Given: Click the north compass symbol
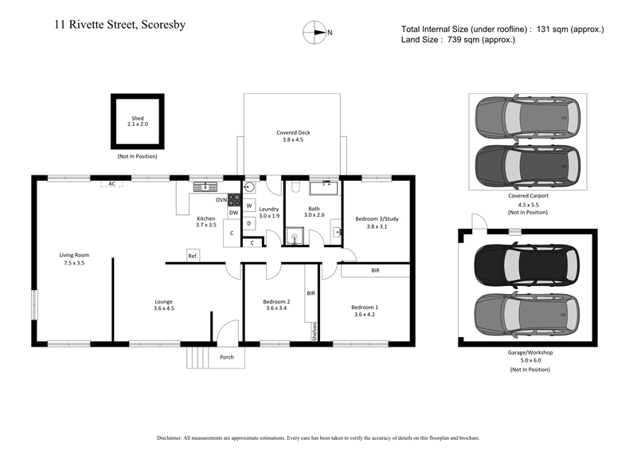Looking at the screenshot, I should pyautogui.click(x=316, y=32).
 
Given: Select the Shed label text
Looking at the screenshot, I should pyautogui.click(x=137, y=118).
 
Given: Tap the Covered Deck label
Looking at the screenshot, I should pyautogui.click(x=292, y=132).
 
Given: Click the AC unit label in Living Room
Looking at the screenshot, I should pyautogui.click(x=112, y=183).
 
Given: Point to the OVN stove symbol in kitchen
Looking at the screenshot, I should pyautogui.click(x=234, y=200).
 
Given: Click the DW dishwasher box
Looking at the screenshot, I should pyautogui.click(x=233, y=213).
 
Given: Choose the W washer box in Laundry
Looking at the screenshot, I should pyautogui.click(x=249, y=206).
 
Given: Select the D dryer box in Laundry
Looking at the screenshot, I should pyautogui.click(x=249, y=223).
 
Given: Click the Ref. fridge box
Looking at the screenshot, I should pyautogui.click(x=193, y=256).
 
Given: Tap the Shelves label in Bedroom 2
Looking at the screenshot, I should pyautogui.click(x=315, y=330).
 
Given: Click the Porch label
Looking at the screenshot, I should pyautogui.click(x=227, y=357).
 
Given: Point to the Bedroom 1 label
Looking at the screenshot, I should pyautogui.click(x=365, y=307).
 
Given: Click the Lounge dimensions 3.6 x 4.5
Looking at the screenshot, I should pyautogui.click(x=164, y=308).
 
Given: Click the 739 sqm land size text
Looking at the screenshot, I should pyautogui.click(x=458, y=39).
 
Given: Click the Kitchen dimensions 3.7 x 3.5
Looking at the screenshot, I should pyautogui.click(x=206, y=225).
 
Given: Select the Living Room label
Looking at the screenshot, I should pyautogui.click(x=74, y=255).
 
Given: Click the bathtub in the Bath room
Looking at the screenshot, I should pyautogui.click(x=324, y=187).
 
